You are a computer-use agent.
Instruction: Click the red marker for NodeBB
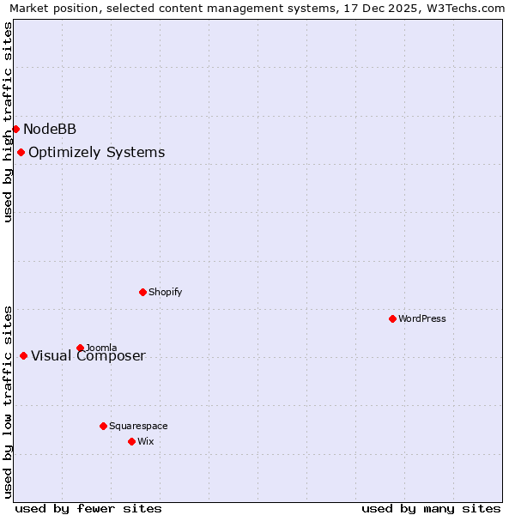pos(15,129)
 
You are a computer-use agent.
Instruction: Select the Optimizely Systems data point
pos(21,152)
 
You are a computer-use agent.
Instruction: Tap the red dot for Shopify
pos(142,292)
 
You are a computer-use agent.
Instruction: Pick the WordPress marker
pos(392,318)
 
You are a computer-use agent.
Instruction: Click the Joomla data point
pos(80,348)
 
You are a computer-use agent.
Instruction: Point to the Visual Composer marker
pos(23,355)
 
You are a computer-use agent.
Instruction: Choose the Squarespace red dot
pos(103,426)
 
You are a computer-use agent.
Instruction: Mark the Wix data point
pos(131,441)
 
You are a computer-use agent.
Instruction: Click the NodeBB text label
pos(50,130)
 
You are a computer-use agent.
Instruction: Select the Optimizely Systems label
pos(97,153)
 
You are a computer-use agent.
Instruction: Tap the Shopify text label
pos(166,292)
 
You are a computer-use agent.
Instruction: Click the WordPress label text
pos(422,318)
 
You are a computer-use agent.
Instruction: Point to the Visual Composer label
pos(88,356)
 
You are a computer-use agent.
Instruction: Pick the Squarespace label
pos(138,426)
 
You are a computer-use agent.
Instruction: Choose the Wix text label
pos(146,441)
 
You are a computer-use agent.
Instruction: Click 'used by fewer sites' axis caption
pos(88,508)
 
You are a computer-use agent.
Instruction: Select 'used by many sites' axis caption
pos(431,508)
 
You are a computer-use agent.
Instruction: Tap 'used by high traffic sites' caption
pos(9,122)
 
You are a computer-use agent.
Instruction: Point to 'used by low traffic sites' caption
pos(9,402)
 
